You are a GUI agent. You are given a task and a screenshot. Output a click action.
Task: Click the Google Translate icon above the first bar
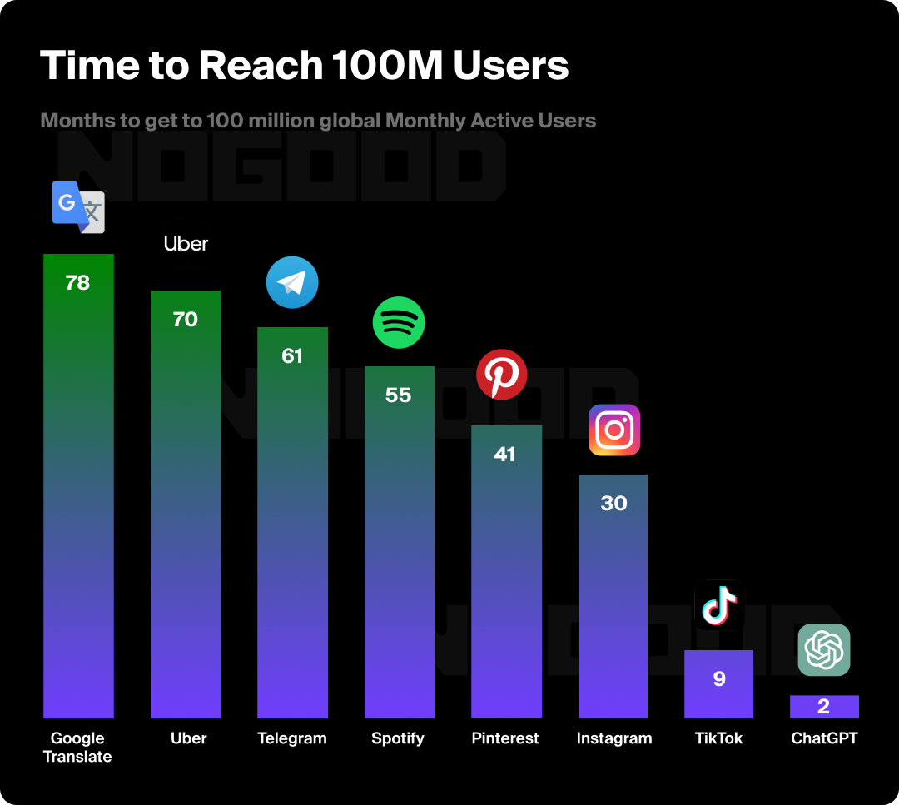point(78,206)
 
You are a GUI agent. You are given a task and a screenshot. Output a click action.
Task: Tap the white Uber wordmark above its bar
point(186,244)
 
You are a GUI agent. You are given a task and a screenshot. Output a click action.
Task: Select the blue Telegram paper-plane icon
point(292,283)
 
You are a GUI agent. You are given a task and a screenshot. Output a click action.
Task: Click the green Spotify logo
point(399,322)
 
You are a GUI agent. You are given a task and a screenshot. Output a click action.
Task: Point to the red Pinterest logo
point(502,375)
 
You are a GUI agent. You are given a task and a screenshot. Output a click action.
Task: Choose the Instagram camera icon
point(614,430)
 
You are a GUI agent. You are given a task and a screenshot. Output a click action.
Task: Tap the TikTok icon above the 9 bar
point(719,605)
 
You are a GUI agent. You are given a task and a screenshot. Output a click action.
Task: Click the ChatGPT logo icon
point(824,650)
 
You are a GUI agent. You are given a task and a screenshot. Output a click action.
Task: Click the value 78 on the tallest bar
point(77,283)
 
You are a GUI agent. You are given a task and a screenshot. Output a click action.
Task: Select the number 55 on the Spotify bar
point(399,395)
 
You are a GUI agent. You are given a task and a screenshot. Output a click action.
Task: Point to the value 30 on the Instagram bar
point(613,504)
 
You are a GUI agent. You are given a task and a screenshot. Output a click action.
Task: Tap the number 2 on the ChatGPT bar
point(824,708)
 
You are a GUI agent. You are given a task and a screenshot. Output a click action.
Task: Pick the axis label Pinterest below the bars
point(505,738)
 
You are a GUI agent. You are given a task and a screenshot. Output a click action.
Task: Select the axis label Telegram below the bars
point(292,738)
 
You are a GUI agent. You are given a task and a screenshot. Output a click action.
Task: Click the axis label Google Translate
point(77,747)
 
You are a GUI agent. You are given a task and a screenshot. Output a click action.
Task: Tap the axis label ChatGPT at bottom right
point(824,738)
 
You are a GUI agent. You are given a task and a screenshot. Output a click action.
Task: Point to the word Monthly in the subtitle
point(425,121)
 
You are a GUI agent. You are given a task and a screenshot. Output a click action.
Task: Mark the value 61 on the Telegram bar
point(292,356)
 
